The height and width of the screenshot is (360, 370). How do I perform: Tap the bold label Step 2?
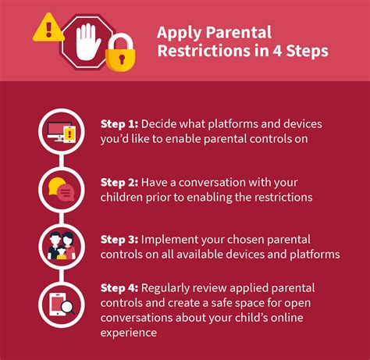point(117,181)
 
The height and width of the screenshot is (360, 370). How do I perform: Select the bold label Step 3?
point(117,239)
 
